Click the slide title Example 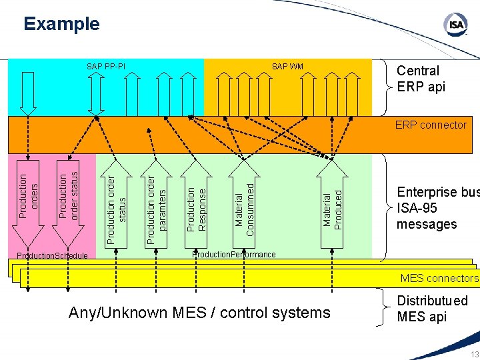(61, 25)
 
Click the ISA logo (455, 25)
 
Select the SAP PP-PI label (105, 66)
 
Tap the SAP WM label (287, 66)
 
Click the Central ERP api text (421, 79)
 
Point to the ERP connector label (431, 125)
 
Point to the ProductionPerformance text (233, 255)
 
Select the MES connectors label (439, 278)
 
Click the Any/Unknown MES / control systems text (199, 312)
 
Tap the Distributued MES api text (432, 309)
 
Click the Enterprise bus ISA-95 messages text (437, 208)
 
